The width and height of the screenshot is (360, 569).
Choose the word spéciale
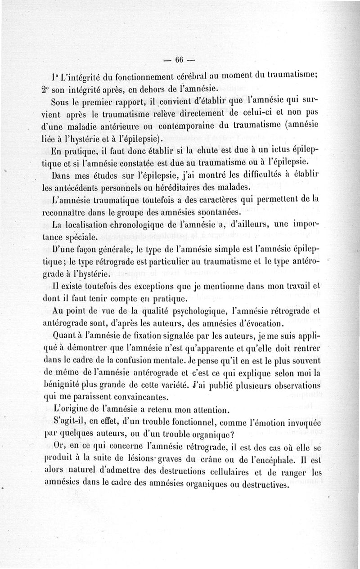coord(81,236)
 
